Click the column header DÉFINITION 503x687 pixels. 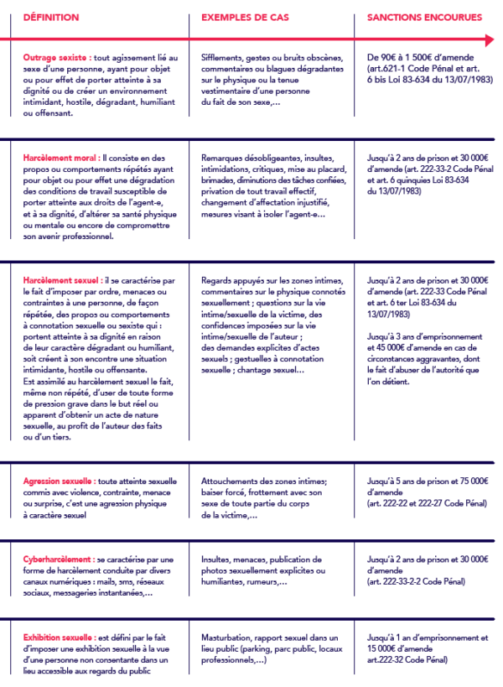tap(51, 17)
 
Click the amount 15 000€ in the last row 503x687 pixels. tap(384, 648)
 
